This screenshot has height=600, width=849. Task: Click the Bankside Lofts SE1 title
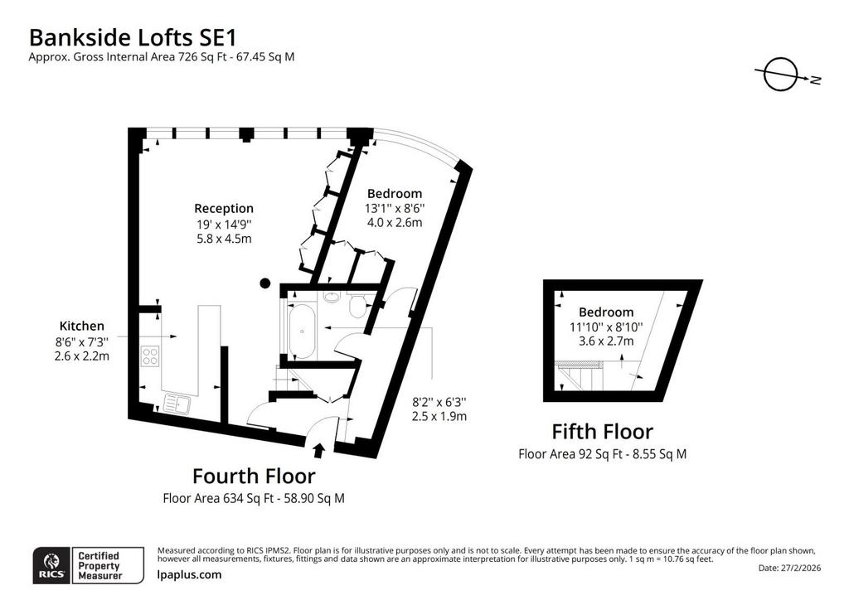point(133,38)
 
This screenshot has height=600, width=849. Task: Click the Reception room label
point(224,208)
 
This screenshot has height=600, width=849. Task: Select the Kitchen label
point(82,326)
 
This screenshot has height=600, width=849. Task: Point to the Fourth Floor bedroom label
point(394,193)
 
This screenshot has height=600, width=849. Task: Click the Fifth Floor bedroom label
point(606,312)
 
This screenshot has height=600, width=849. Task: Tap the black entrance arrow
point(319,451)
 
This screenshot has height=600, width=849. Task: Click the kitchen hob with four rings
point(150,356)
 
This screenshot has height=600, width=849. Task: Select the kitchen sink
point(177,403)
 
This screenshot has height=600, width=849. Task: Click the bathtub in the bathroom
point(302,331)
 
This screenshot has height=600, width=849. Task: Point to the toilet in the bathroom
point(357,306)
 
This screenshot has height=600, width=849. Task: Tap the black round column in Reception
point(264,283)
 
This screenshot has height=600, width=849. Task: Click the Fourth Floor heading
point(254,476)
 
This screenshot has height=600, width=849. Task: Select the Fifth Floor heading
point(603,432)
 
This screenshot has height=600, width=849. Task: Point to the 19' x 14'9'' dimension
point(224,224)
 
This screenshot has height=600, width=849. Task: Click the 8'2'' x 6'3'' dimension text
point(439,402)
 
